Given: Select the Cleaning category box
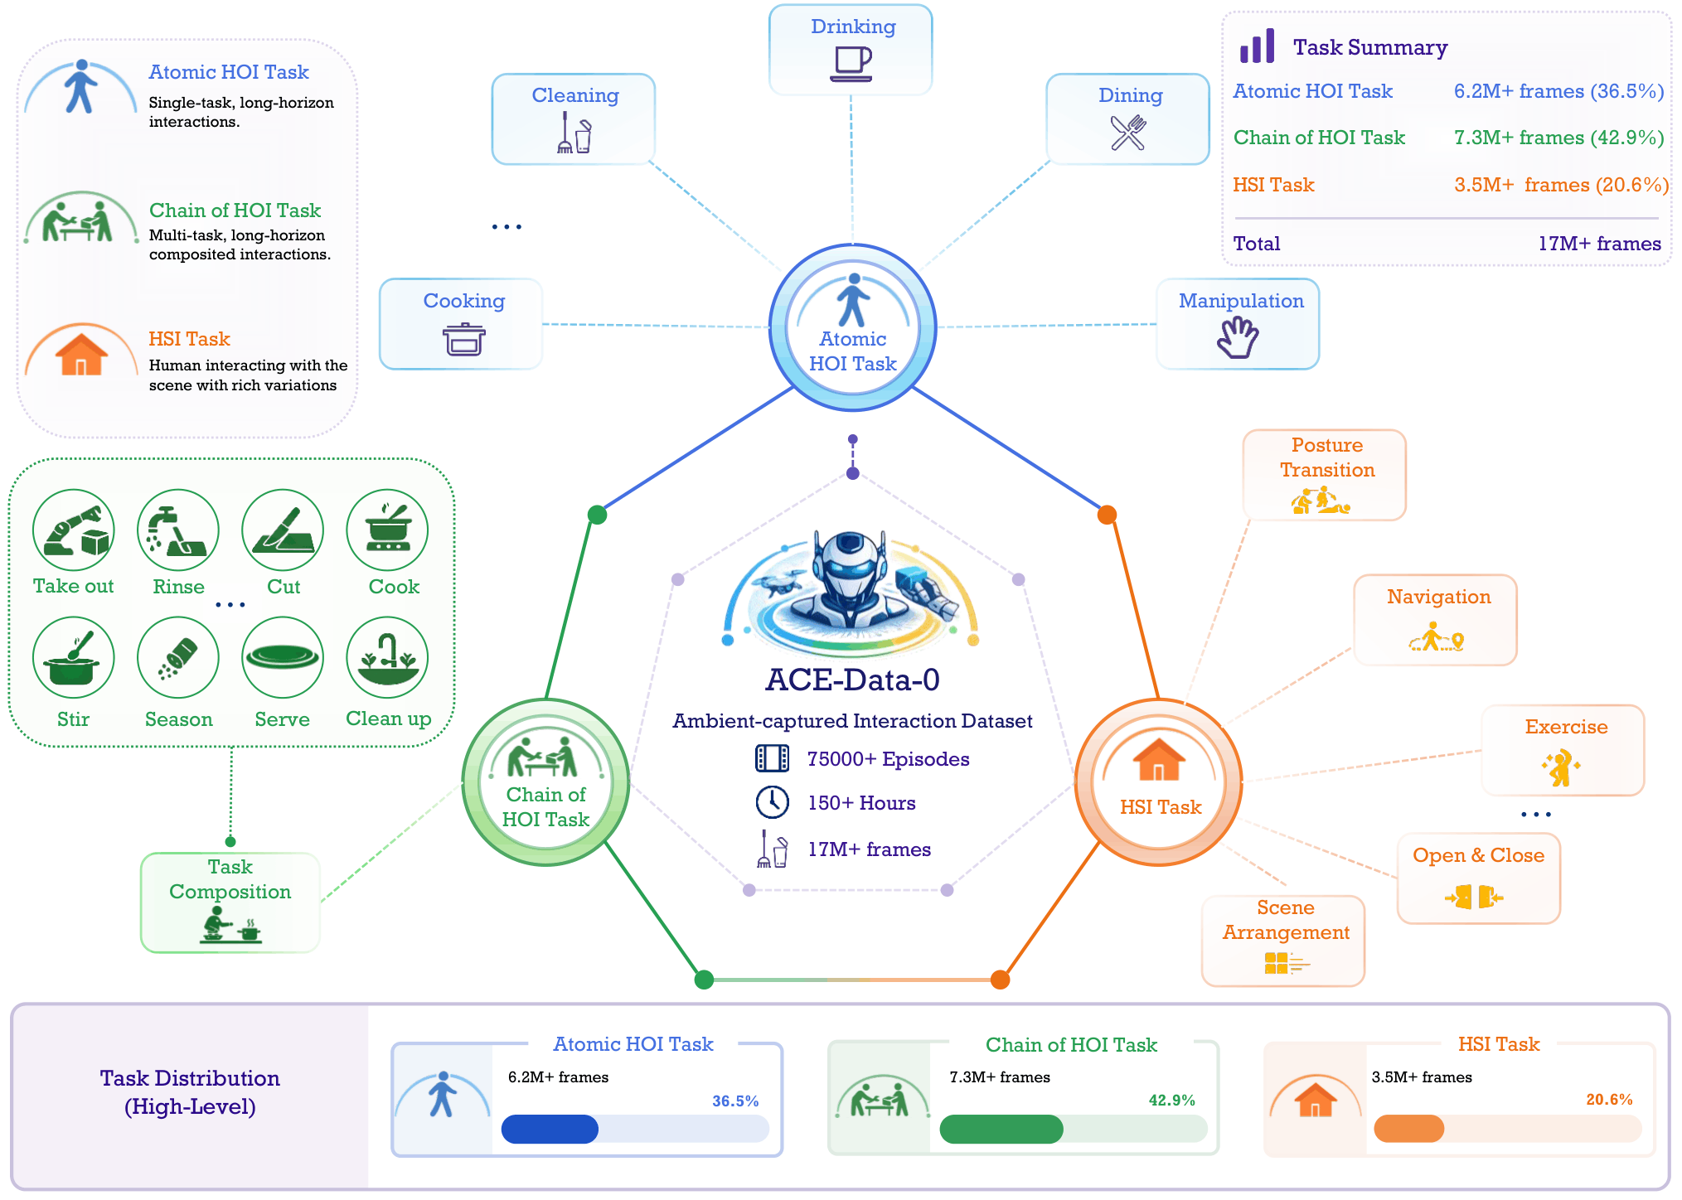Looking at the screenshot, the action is [574, 119].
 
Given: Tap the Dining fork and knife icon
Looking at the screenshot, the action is [1128, 133].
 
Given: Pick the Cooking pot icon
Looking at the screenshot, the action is [464, 339].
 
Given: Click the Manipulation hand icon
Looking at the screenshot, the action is [1238, 337].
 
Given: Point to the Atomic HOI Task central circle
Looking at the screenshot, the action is [853, 327].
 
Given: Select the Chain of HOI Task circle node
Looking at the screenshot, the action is [545, 782].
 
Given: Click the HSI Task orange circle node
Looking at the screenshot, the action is [1158, 782].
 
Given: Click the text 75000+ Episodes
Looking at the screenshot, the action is [888, 759].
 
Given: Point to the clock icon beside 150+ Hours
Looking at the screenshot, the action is [772, 802].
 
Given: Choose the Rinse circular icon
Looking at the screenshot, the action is [178, 530].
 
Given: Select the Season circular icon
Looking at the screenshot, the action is [178, 658].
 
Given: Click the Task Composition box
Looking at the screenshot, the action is [230, 902].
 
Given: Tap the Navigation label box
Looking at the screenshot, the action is [1436, 620].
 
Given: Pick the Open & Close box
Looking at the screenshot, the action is [1479, 878].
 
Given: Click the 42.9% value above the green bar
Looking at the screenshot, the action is [1171, 1101].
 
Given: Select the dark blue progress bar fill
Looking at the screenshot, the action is [550, 1129].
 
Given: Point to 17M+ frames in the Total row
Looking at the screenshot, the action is [1600, 244].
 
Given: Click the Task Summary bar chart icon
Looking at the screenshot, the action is [1257, 46].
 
